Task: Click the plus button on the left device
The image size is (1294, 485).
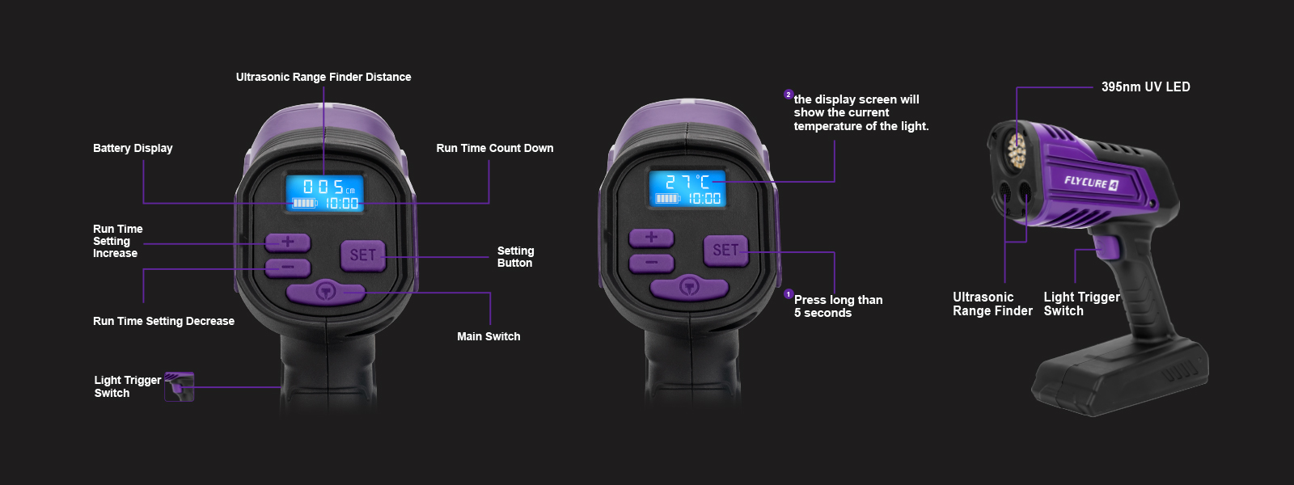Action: coord(288,242)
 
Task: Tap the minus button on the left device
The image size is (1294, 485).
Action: coord(288,268)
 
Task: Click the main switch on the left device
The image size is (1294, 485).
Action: coord(327,293)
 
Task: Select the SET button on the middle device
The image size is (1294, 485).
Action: coord(726,250)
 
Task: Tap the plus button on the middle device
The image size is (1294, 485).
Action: coord(652,238)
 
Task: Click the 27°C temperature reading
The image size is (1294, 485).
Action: coord(688,182)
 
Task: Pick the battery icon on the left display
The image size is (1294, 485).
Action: coord(304,203)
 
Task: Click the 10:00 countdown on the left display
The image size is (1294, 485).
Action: coord(341,203)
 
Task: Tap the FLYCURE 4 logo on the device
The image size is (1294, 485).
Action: coord(1091,183)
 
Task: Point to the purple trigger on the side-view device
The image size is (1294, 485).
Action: coord(1107,247)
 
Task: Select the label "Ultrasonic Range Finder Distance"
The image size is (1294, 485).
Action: coord(323,78)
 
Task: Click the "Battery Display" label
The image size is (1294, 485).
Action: coord(133,149)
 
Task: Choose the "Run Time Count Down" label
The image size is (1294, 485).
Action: coord(494,149)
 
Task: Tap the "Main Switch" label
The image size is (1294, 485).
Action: coord(488,336)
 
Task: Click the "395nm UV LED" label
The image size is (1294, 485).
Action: coord(1145,87)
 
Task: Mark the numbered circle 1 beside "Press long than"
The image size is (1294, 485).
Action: coord(789,294)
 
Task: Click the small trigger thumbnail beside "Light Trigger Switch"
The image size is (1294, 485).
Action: coord(179,386)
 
